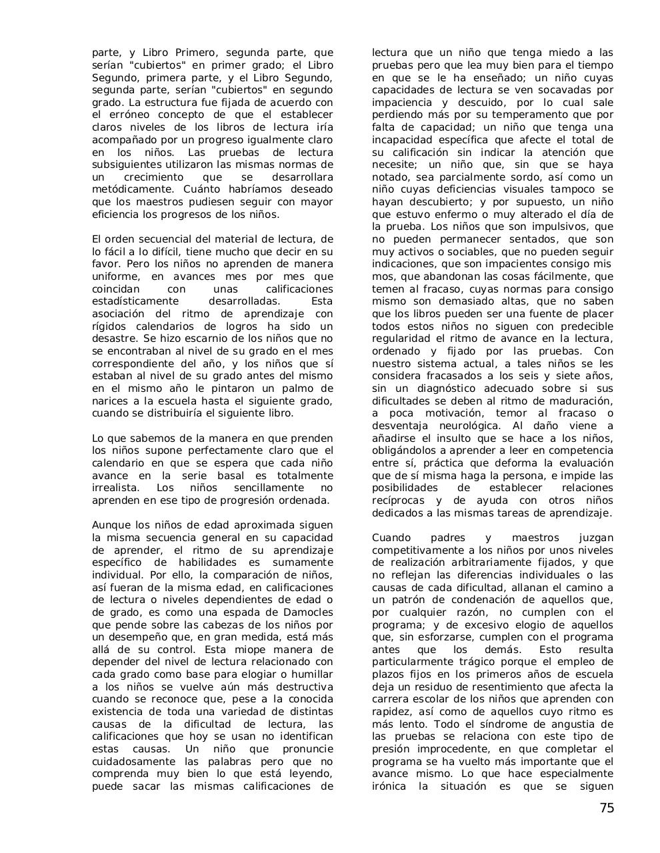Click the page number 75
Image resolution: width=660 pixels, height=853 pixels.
click(606, 808)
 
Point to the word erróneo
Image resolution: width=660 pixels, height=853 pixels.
click(122, 115)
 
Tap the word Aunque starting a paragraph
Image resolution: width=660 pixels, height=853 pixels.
click(111, 525)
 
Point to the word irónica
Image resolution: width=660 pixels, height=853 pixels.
click(389, 786)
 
